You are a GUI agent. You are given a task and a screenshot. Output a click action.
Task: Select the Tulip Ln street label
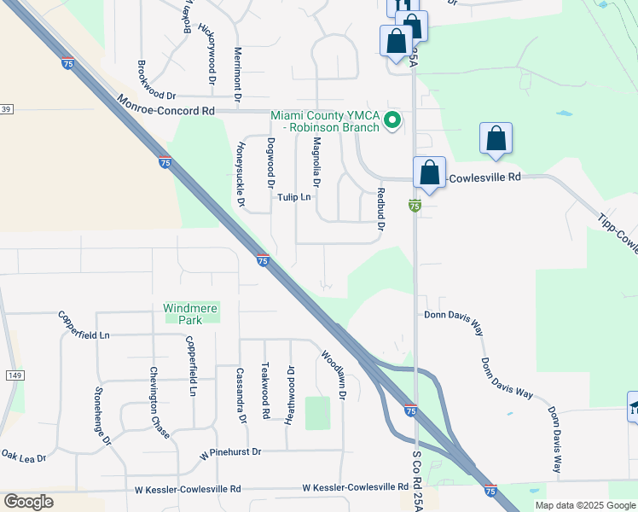294,197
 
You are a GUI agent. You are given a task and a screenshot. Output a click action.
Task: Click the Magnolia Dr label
316,161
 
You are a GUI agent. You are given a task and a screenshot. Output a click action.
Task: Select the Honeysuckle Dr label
240,174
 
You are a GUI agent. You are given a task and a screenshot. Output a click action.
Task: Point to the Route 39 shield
6,109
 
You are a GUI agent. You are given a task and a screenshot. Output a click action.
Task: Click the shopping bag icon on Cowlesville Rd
430,173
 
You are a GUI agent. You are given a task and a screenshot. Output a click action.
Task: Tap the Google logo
28,501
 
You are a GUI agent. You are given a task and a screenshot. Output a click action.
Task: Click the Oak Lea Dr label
23,458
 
